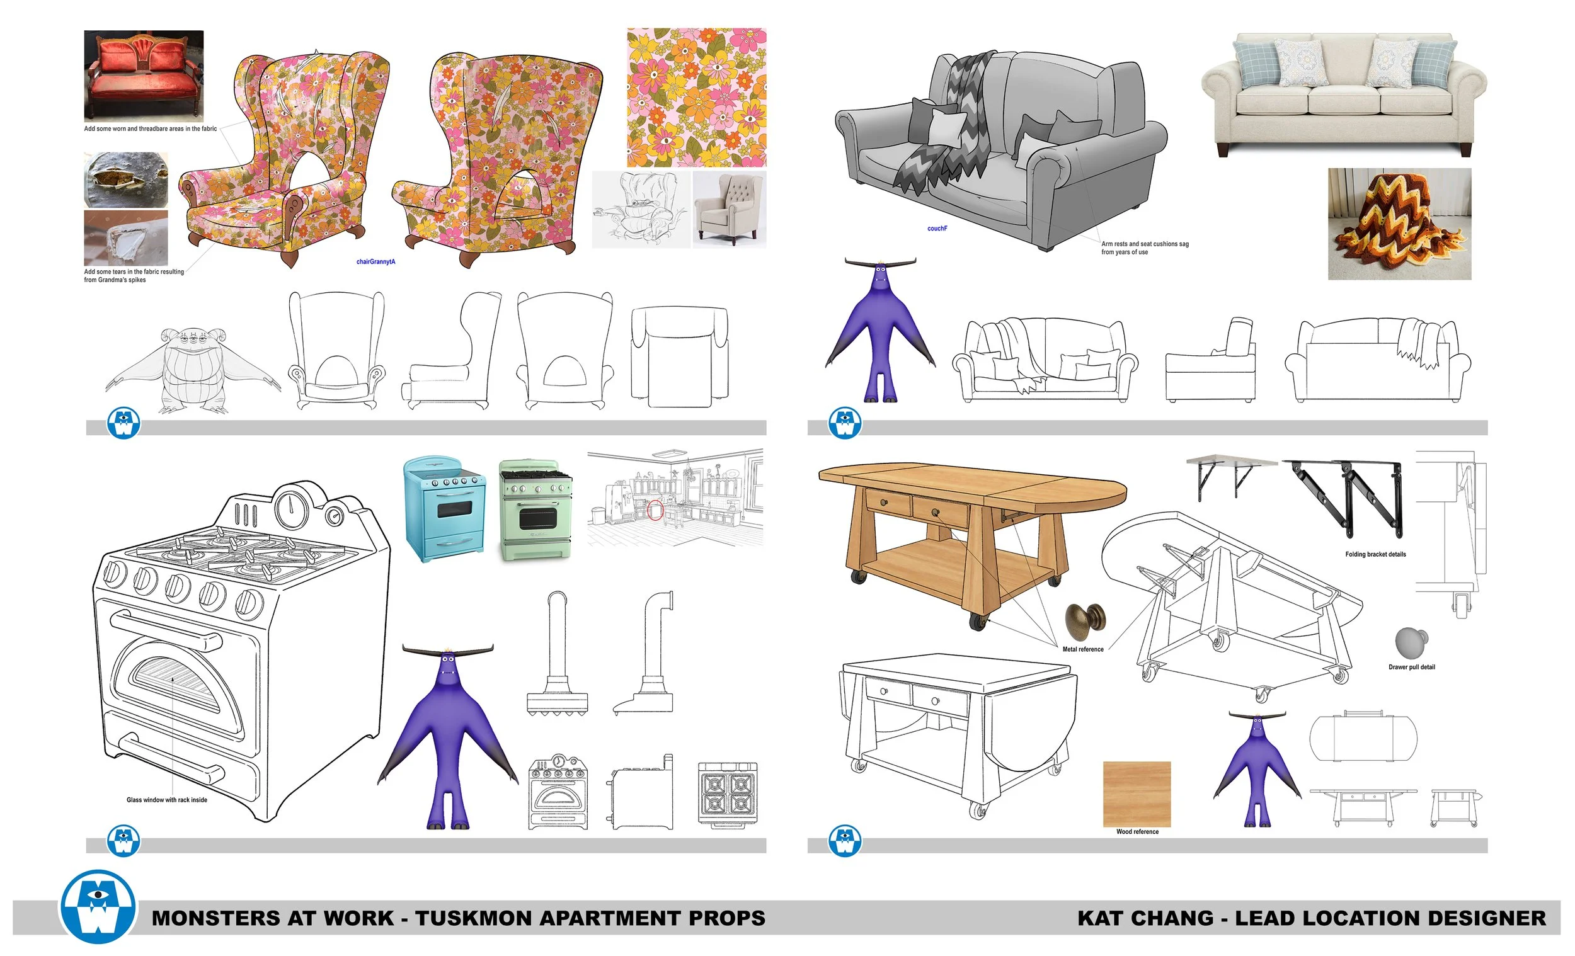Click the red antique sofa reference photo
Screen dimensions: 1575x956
tap(144, 76)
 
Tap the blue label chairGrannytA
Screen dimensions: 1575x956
tap(376, 261)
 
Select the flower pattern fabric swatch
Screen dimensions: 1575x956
tap(696, 97)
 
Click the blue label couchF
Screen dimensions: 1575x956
tap(937, 228)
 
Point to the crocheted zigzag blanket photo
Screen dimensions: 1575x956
tap(1399, 224)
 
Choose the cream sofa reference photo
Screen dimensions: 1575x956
tap(1344, 93)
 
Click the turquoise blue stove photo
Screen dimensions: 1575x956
tap(444, 509)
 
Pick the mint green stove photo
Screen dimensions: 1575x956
tap(535, 510)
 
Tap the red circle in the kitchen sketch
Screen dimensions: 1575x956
tap(655, 510)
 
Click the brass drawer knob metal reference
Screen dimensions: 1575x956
tap(1085, 619)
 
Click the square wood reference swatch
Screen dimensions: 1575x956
tap(1137, 794)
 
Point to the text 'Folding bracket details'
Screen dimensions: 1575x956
tap(1375, 554)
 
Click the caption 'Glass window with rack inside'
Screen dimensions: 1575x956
tap(167, 799)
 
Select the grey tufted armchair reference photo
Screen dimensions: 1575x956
tap(730, 209)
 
